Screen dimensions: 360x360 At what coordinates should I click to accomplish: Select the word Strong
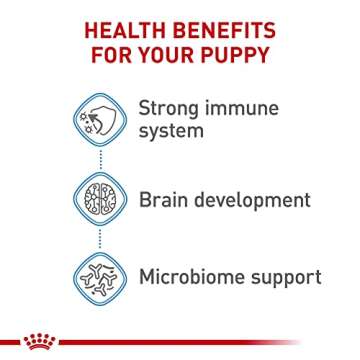coord(167,106)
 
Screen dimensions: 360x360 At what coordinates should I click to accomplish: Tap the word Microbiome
coord(195,274)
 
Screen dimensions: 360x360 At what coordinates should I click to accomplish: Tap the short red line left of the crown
coord(11,342)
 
